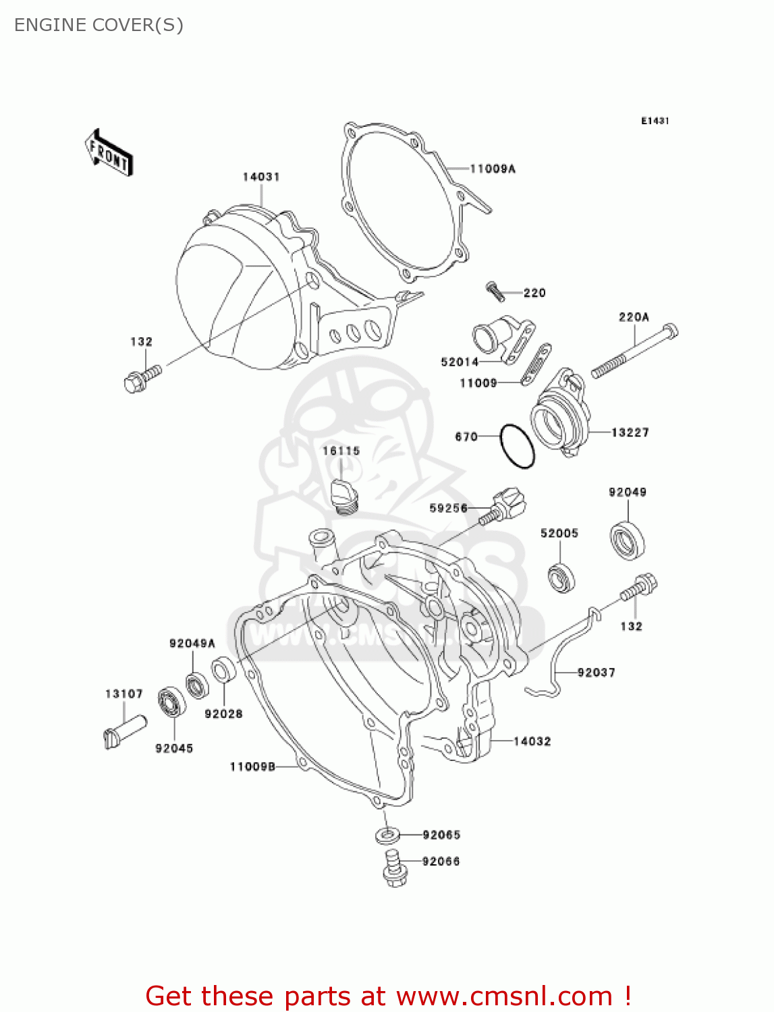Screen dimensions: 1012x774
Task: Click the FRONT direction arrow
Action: [x=108, y=153]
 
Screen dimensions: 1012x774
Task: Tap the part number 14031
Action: [x=261, y=177]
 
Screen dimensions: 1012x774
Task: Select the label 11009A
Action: [x=493, y=169]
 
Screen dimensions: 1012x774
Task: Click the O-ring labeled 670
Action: [x=518, y=446]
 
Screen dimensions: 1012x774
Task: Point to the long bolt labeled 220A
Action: [x=634, y=352]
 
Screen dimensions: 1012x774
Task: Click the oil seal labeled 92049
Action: [x=627, y=539]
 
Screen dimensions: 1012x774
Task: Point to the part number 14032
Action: [x=532, y=741]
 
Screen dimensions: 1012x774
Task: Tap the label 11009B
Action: [x=252, y=766]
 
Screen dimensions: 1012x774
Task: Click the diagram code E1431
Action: [x=655, y=121]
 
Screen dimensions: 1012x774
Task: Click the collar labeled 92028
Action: [x=223, y=671]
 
